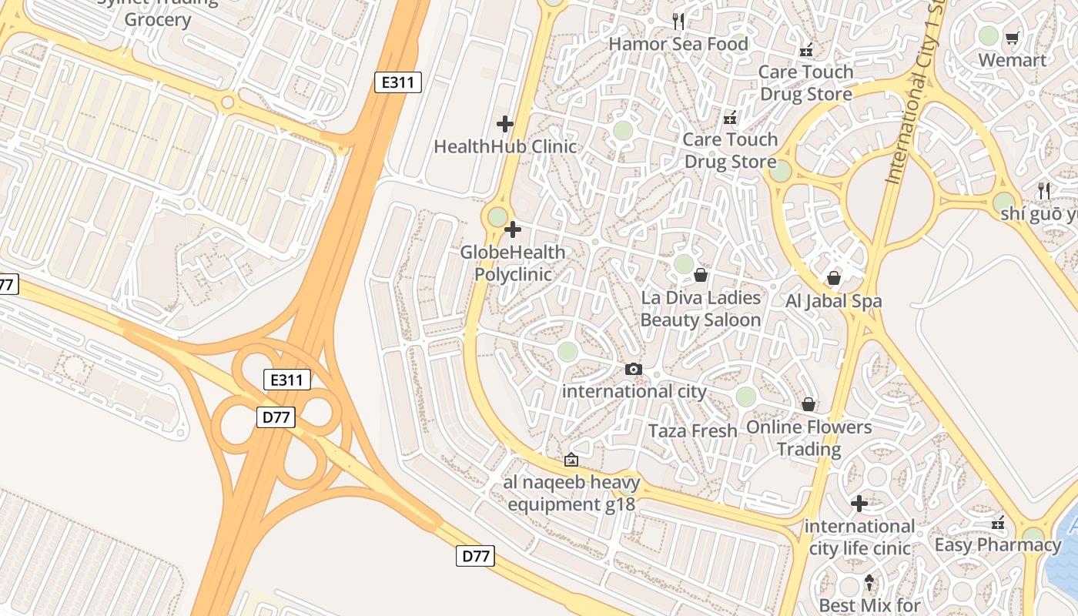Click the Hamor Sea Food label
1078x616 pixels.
point(678,44)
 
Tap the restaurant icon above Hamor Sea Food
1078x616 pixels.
point(678,21)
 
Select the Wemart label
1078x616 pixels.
point(1012,60)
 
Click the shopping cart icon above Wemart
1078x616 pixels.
point(1012,37)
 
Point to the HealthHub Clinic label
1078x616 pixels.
point(505,146)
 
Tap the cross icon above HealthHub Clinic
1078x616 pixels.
point(505,123)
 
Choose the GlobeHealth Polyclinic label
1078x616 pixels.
point(513,263)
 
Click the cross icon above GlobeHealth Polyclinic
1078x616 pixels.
point(513,229)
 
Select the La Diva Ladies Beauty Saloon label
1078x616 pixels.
point(701,309)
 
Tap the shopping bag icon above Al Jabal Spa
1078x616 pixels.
point(833,278)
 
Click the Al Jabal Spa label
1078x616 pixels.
point(833,301)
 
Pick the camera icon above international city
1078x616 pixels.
point(634,369)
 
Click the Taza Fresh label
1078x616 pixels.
point(693,430)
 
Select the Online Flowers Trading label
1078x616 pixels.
point(808,437)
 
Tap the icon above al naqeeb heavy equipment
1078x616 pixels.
point(571,460)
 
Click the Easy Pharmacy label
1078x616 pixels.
point(998,545)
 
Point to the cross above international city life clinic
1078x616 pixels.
point(859,504)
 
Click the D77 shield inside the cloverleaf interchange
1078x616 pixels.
point(276,417)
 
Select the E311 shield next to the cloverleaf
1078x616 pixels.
point(287,379)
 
